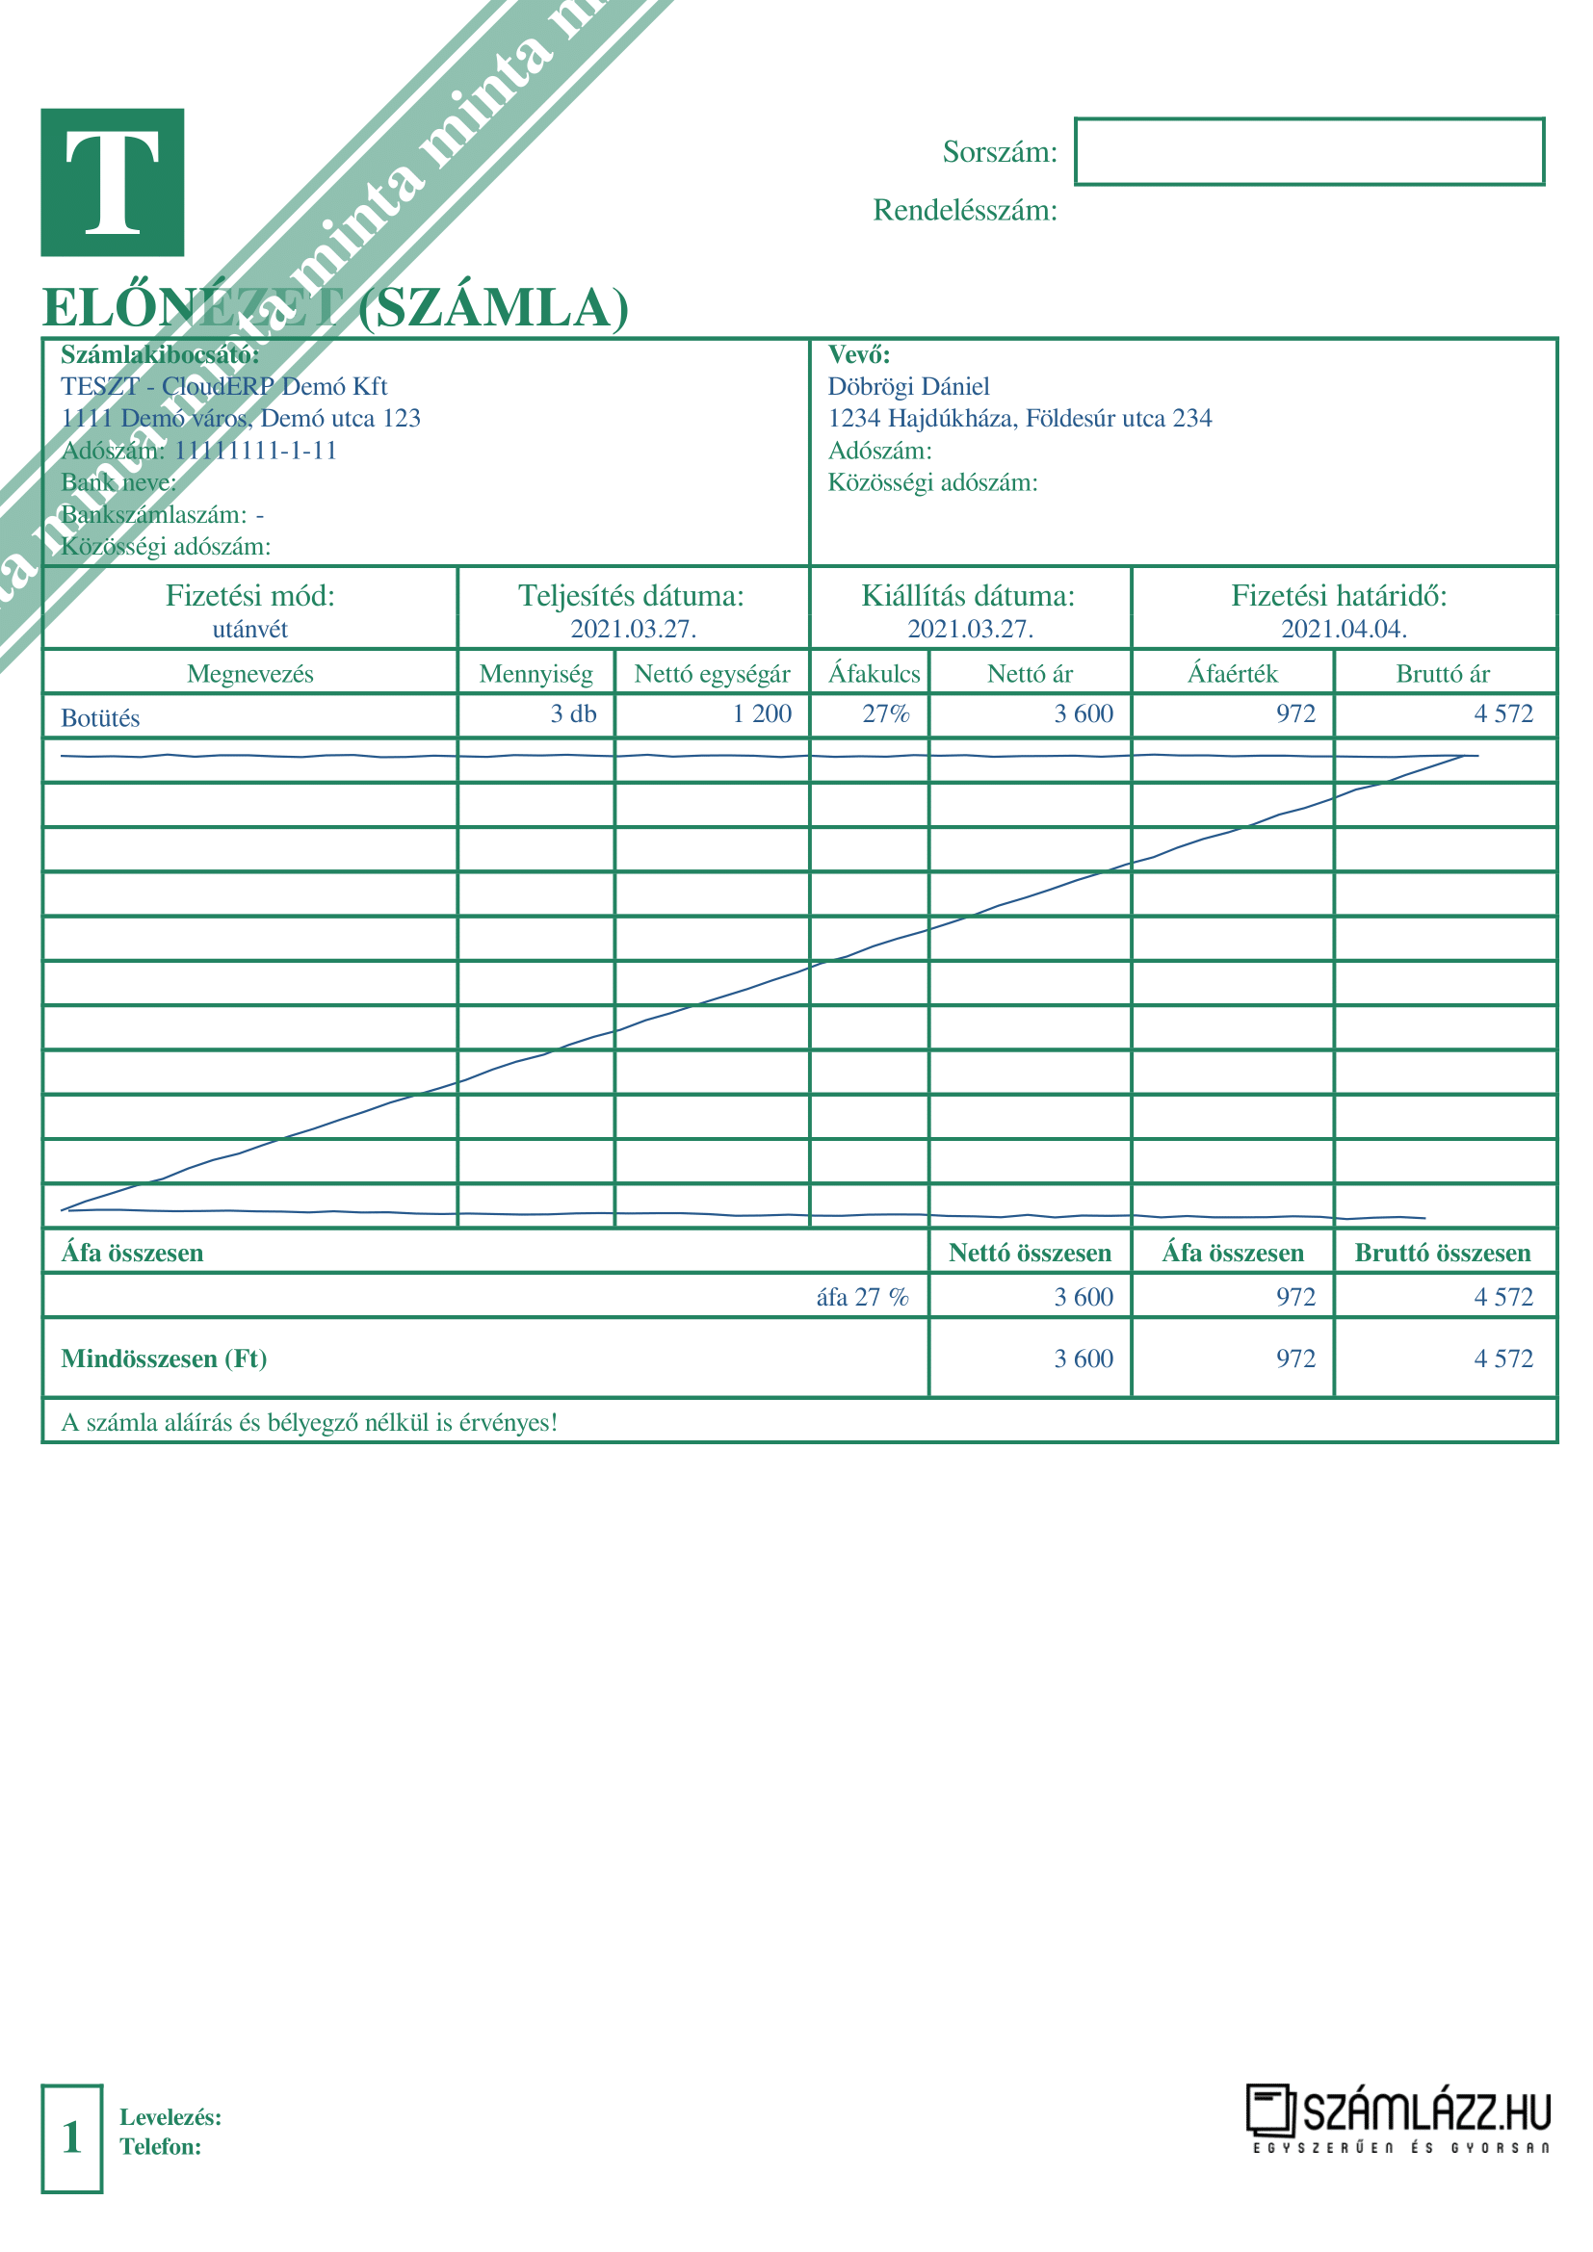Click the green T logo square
(x=112, y=182)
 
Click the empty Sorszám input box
(x=1309, y=151)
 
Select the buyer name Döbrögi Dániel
(x=908, y=386)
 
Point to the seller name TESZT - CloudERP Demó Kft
(x=223, y=386)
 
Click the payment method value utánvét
(x=250, y=630)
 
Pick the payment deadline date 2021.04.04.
(x=1344, y=630)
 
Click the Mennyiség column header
(x=535, y=674)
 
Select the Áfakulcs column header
(x=873, y=674)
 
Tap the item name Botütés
(x=100, y=718)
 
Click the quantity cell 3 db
(x=573, y=714)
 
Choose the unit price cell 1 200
(x=761, y=714)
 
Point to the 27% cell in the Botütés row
(x=886, y=714)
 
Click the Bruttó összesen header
(x=1442, y=1253)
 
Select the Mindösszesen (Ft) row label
(x=164, y=1359)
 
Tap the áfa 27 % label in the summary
(x=862, y=1297)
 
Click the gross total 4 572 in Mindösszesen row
(x=1502, y=1359)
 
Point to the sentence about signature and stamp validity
(x=309, y=1422)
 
